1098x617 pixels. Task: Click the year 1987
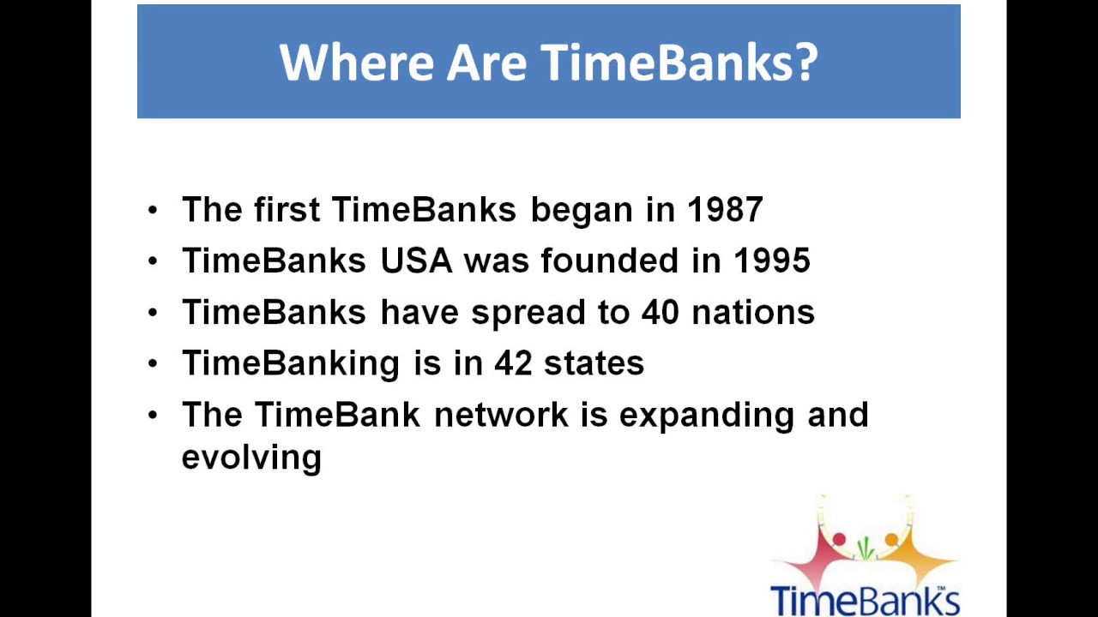725,210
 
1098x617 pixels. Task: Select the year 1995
771,261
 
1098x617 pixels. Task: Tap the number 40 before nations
661,312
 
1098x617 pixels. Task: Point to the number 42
513,363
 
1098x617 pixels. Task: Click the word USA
416,261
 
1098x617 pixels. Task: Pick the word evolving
251,458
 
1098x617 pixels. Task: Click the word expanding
706,416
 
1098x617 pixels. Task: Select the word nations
753,312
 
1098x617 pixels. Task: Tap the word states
594,363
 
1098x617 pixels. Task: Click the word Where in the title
357,63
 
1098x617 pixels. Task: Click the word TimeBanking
291,364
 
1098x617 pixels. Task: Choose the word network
502,415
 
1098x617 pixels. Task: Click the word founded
610,261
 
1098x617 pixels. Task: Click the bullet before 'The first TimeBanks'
153,210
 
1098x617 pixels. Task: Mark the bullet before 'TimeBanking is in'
153,364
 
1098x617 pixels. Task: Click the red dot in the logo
839,539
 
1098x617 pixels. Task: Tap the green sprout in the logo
866,548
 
